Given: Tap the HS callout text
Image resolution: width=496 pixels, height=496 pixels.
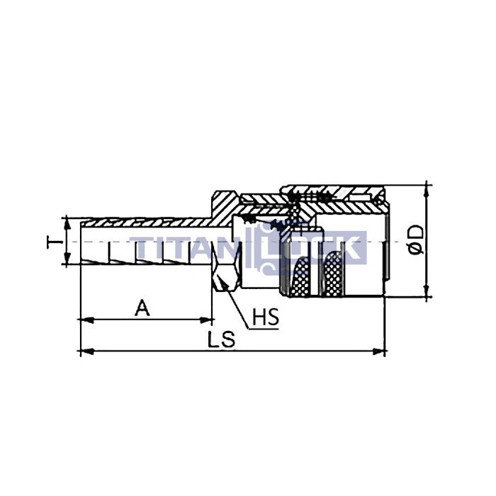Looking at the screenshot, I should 266,319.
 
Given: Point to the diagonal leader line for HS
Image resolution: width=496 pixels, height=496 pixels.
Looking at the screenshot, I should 237,309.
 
